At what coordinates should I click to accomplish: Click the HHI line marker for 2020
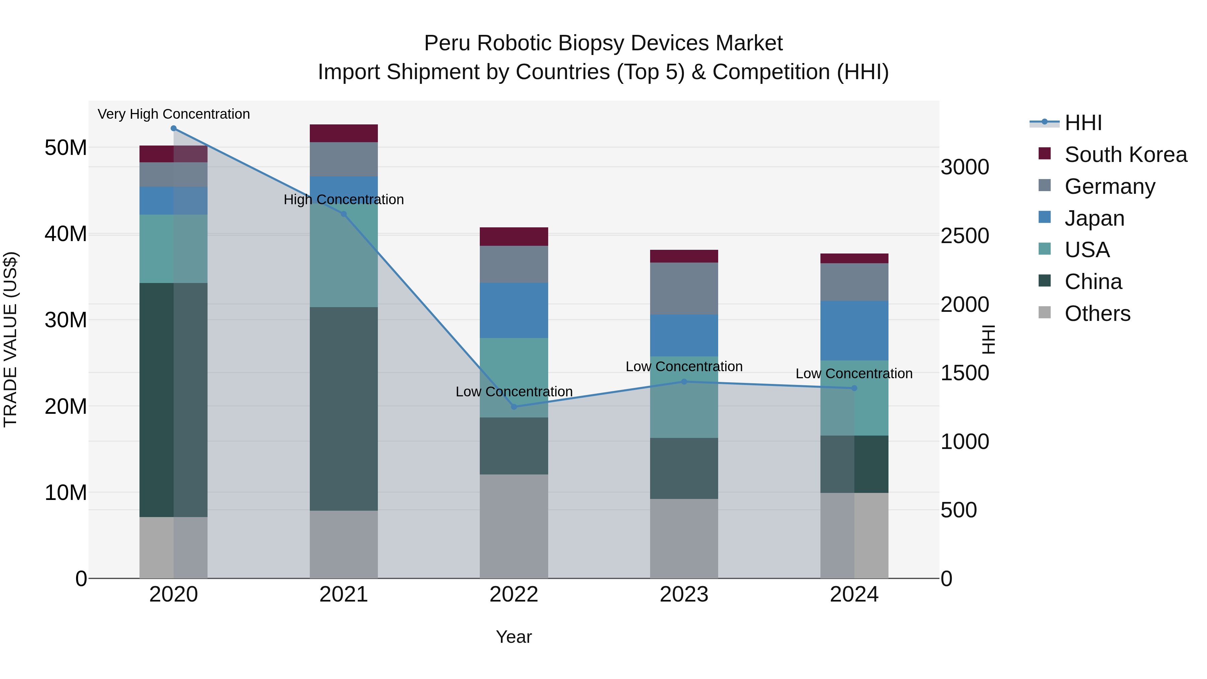click(173, 128)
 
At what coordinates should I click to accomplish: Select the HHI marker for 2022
click(514, 407)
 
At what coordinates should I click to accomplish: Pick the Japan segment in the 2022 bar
click(514, 310)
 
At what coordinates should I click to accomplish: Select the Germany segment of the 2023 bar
click(684, 289)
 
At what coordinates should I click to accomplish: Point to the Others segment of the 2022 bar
click(514, 526)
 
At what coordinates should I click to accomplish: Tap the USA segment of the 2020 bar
click(173, 249)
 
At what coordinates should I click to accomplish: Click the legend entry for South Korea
click(1126, 155)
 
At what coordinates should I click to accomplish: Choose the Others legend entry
click(1097, 314)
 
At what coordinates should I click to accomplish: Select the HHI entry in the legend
click(1083, 123)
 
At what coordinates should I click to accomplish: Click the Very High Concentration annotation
click(173, 114)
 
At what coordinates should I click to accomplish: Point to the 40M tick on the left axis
click(66, 234)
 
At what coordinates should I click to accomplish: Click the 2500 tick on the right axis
click(964, 236)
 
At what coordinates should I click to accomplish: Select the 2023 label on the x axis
click(684, 595)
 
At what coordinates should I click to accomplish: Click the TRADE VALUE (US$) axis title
click(10, 339)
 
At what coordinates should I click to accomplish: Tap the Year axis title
click(514, 637)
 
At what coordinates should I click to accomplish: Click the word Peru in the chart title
click(448, 43)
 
